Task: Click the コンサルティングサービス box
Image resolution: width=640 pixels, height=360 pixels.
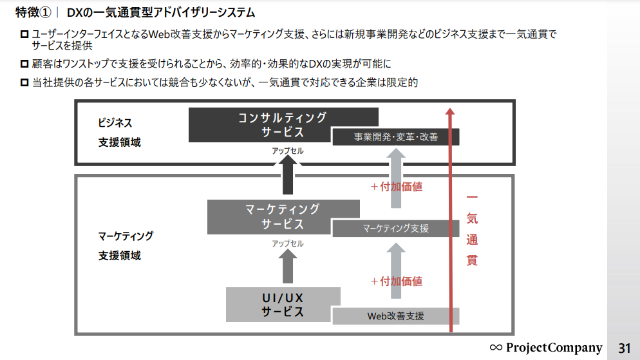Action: (283, 125)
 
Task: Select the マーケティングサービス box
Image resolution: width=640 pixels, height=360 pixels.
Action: (283, 216)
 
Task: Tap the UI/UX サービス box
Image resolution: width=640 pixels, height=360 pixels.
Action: (283, 305)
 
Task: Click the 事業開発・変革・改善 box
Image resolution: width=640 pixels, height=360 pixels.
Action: (395, 137)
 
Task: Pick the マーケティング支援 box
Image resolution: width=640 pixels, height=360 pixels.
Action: (395, 228)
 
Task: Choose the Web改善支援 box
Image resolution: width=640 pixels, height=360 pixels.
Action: (395, 316)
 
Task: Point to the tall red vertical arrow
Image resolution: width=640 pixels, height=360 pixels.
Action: (450, 219)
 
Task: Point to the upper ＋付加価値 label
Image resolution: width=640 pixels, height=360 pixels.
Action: (397, 187)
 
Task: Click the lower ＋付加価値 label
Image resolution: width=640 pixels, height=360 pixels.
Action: (397, 281)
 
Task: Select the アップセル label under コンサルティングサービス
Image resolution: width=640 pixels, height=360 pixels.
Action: (287, 151)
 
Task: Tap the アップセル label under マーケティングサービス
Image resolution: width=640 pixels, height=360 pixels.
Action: (287, 243)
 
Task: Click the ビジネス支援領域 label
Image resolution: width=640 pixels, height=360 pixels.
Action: (119, 133)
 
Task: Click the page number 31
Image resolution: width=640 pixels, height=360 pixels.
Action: (624, 348)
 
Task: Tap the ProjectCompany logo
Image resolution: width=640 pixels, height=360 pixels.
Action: (546, 348)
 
